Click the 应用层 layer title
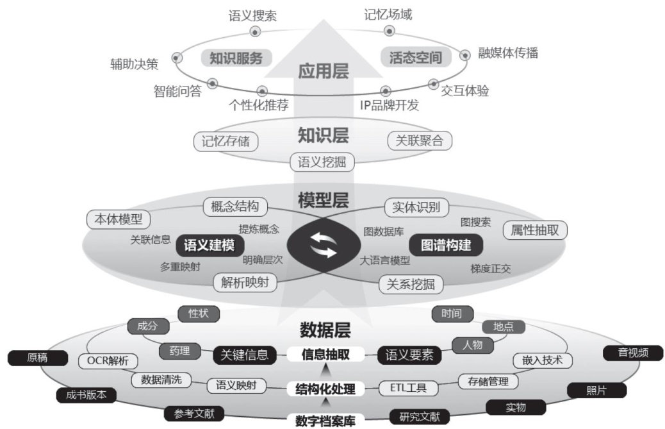point(324,71)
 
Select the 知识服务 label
point(236,58)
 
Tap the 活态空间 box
point(416,58)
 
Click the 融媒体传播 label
point(508,53)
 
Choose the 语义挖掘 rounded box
point(322,162)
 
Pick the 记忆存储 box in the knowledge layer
point(226,140)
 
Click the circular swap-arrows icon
point(323,244)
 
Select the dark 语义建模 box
point(209,245)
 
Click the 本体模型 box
point(119,219)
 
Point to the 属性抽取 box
point(535,230)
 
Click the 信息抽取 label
point(325,354)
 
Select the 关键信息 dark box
point(244,354)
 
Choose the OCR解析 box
point(108,360)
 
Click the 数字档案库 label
point(325,421)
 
